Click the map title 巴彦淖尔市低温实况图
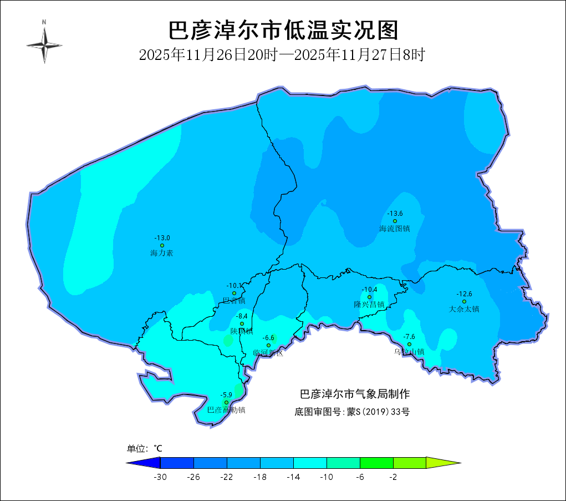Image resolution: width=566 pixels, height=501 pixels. tap(283, 31)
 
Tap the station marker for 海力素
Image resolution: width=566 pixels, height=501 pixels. tap(162, 245)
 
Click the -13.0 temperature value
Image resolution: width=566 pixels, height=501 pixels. tap(162, 238)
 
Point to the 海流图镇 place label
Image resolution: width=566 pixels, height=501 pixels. tap(395, 229)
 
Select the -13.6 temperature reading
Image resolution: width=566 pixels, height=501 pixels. tap(395, 214)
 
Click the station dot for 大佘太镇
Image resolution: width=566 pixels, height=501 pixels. tap(464, 301)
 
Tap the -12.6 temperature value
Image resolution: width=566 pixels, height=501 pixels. tap(464, 294)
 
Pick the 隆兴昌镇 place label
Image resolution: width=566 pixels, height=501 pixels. tap(369, 305)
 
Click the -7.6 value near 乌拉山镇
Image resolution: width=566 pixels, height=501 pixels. tap(409, 337)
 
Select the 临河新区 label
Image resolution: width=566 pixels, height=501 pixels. tap(268, 353)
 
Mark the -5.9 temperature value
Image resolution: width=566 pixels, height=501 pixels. tap(226, 395)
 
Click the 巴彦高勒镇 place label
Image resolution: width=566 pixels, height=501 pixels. tap(226, 411)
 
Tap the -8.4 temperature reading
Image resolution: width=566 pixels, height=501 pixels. tap(242, 316)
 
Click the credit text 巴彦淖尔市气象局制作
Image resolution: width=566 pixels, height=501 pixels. tap(355, 394)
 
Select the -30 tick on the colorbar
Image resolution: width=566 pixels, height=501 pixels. tap(160, 477)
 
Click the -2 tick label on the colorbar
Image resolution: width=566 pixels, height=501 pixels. tap(393, 477)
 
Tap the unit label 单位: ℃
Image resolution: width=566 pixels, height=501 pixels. tap(145, 448)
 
